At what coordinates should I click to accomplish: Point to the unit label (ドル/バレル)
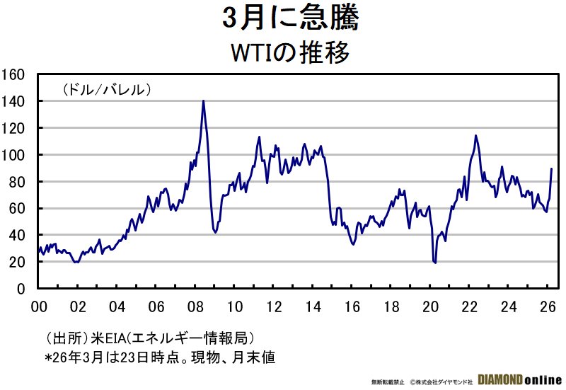(x=107, y=89)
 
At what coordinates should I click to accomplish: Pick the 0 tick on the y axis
(x=21, y=289)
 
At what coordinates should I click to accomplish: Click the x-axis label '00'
(x=39, y=307)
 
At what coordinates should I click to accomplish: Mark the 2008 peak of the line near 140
(x=203, y=101)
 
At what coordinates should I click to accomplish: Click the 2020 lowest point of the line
(x=434, y=263)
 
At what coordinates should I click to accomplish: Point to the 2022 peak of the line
(x=475, y=135)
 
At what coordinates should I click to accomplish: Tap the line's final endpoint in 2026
(x=551, y=168)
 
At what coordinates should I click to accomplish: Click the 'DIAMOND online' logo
(x=519, y=379)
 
